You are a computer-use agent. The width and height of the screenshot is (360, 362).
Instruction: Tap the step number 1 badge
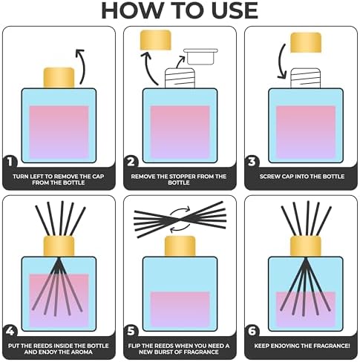[10, 162]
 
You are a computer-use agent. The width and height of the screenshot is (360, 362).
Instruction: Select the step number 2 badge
[131, 162]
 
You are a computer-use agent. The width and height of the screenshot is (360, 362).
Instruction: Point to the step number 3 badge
[252, 162]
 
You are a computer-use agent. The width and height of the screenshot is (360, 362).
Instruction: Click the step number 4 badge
[10, 332]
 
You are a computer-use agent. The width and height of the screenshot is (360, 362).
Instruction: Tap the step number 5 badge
[131, 332]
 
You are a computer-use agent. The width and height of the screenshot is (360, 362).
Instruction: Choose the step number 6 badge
[252, 332]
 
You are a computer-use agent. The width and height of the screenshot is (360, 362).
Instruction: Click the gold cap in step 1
[59, 78]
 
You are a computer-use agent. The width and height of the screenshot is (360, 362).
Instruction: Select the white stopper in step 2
[200, 56]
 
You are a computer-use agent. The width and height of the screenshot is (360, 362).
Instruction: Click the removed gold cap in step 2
[156, 40]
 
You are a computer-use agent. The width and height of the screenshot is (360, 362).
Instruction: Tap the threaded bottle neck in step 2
[180, 78]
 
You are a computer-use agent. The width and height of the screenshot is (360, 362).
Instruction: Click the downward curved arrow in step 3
[281, 62]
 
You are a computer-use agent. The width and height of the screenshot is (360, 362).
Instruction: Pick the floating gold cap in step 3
[306, 42]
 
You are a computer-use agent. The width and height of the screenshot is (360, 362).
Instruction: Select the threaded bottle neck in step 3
[306, 78]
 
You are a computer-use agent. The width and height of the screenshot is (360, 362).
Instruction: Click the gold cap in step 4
[59, 246]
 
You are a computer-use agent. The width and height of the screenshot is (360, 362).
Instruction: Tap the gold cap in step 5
[180, 246]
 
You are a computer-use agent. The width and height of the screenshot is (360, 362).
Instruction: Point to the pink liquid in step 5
[180, 309]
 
